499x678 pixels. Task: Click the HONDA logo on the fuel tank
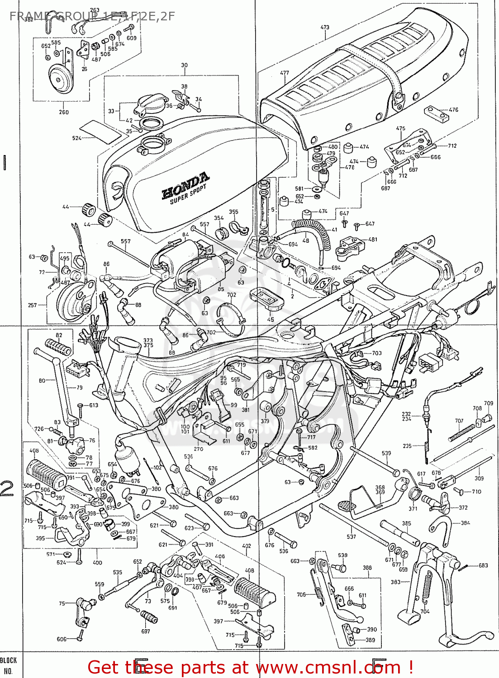coord(185,185)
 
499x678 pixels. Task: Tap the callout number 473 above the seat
coord(325,28)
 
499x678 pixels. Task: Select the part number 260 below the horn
coord(64,112)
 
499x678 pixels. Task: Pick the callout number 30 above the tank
coord(184,66)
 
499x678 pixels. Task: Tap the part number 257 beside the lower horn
coord(33,305)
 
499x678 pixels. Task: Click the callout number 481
coord(373,240)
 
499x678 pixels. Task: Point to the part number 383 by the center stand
coord(395,582)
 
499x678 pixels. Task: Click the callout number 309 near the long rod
coord(479,478)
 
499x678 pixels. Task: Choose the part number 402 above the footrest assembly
coord(247,546)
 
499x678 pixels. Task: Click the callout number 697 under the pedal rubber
coord(145,631)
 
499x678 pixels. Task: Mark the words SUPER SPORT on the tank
coord(188,194)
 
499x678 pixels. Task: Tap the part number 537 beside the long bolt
coord(351,537)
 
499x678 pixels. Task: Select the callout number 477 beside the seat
coord(284,73)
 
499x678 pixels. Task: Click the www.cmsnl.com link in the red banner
coord(328,668)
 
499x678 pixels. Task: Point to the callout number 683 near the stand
coord(483,565)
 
